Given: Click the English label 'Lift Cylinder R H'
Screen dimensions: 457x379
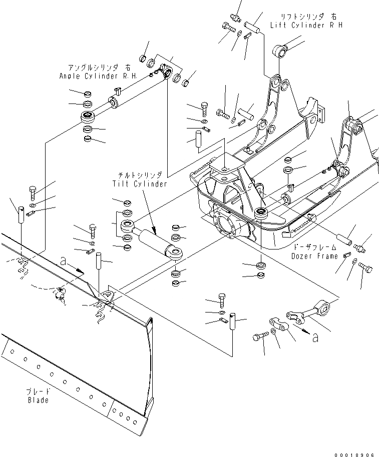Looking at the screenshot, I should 306,25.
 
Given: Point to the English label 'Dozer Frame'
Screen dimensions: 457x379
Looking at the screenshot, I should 314,255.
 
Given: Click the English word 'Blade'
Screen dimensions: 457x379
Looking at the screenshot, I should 38,400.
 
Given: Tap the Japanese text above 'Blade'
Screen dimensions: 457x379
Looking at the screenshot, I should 39,392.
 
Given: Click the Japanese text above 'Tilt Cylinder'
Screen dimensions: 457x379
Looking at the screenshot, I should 140,176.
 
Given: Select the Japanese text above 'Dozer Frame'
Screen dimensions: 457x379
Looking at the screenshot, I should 314,247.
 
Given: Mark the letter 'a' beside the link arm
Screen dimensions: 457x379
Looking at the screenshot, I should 314,338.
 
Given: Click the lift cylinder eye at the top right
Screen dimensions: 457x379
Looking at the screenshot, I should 278,50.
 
